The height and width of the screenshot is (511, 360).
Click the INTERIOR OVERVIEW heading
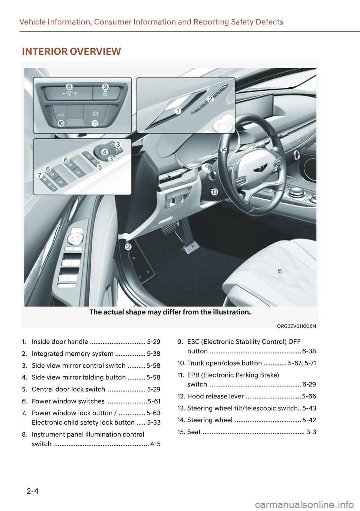pos(71,51)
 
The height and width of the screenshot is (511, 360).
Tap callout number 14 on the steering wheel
pos(224,149)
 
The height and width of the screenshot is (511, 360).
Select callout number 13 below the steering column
pos(214,192)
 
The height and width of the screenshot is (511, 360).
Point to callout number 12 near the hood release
pos(128,246)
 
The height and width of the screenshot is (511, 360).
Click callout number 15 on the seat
pos(280,271)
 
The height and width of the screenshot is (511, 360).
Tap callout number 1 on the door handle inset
pos(178,111)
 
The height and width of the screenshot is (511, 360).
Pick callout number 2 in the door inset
pos(210,99)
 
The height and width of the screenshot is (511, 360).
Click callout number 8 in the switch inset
pos(69,87)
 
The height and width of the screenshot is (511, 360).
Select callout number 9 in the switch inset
pos(105,87)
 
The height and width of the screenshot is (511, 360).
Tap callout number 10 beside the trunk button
pos(61,123)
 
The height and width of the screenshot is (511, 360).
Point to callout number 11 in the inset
pos(95,123)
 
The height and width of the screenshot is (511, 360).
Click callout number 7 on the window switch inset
pos(39,175)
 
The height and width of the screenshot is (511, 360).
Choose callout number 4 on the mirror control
pos(105,152)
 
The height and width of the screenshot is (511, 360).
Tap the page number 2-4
pos(33,491)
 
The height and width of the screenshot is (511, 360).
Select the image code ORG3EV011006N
pos(296,326)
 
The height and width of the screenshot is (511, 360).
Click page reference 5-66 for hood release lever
pos(309,396)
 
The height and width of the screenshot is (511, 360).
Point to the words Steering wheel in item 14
pos(210,420)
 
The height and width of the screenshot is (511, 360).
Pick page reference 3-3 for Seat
pos(311,432)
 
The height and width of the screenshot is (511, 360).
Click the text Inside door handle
pos(60,341)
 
